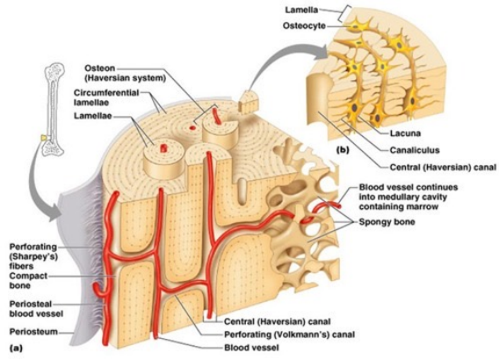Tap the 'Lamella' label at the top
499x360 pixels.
coord(307,9)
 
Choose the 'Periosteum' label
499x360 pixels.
coord(30,332)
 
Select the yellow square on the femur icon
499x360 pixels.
coord(42,137)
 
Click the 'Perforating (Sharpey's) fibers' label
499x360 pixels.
coord(34,253)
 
